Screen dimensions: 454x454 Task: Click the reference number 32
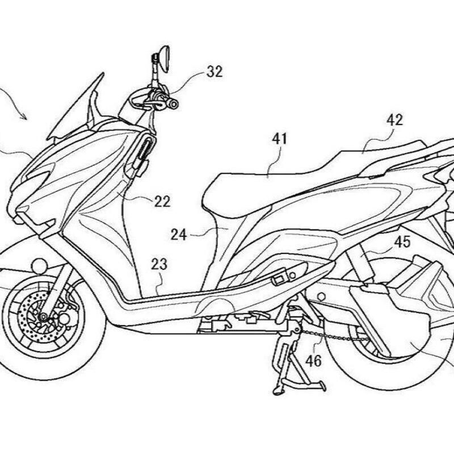(x=215, y=72)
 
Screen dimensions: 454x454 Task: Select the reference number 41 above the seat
(x=280, y=138)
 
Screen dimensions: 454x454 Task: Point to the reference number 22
(x=162, y=201)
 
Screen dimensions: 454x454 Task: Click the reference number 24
(x=179, y=233)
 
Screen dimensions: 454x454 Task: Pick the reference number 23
(x=159, y=264)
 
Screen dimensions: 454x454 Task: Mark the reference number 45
(x=402, y=243)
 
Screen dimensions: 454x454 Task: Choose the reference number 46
(x=313, y=360)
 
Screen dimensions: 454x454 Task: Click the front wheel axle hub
(x=43, y=316)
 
